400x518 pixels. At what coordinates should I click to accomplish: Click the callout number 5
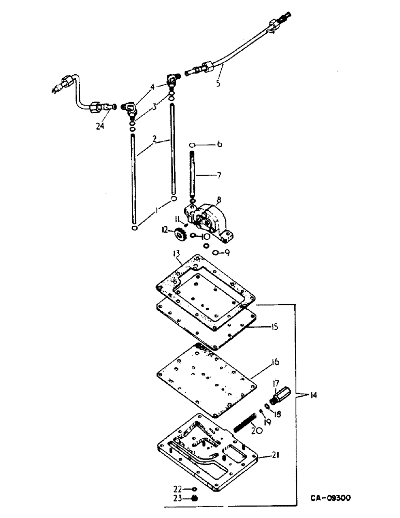[218, 82]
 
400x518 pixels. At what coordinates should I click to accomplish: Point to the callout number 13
[177, 254]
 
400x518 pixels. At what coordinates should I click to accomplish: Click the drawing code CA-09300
[331, 498]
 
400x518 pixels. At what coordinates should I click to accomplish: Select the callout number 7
[219, 176]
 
